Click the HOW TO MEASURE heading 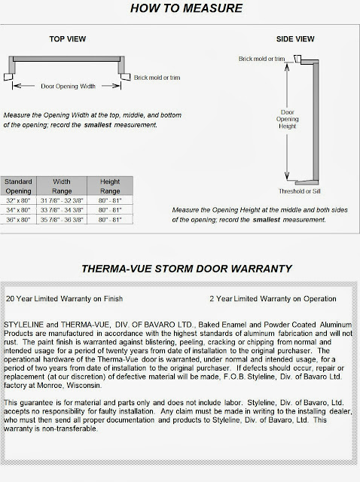click(x=181, y=8)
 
